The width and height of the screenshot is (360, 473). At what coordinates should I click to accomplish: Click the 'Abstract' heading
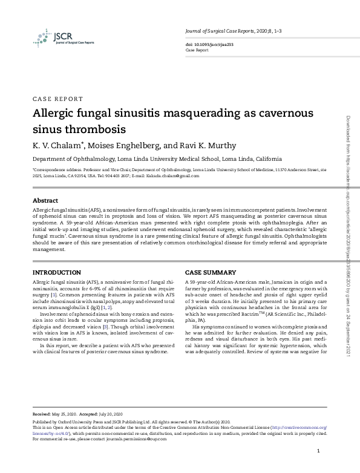tap(45, 200)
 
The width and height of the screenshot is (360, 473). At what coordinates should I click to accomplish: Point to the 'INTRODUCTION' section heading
tap(56, 273)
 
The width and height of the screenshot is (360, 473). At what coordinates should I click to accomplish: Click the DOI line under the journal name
tap(201, 45)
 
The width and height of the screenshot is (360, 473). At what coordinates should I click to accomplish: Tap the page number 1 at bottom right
tap(318, 451)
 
